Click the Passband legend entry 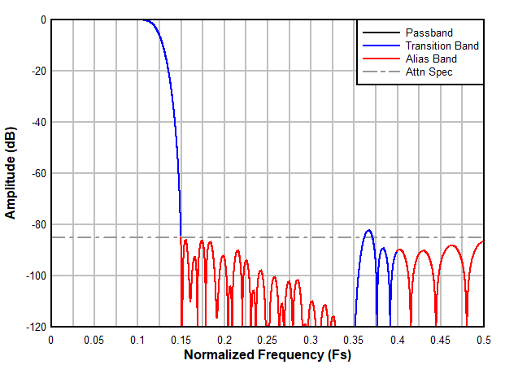click(429, 33)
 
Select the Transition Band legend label click(442, 46)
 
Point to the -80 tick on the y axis click(36, 224)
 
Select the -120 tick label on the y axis click(33, 327)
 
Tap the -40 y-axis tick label click(36, 122)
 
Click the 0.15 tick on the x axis click(181, 339)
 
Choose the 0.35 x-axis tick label click(354, 339)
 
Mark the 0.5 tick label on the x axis click(484, 339)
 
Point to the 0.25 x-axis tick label click(267, 339)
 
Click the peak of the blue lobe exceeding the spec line click(368, 230)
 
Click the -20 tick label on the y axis click(36, 71)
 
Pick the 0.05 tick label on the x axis click(94, 339)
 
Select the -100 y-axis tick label click(33, 276)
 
